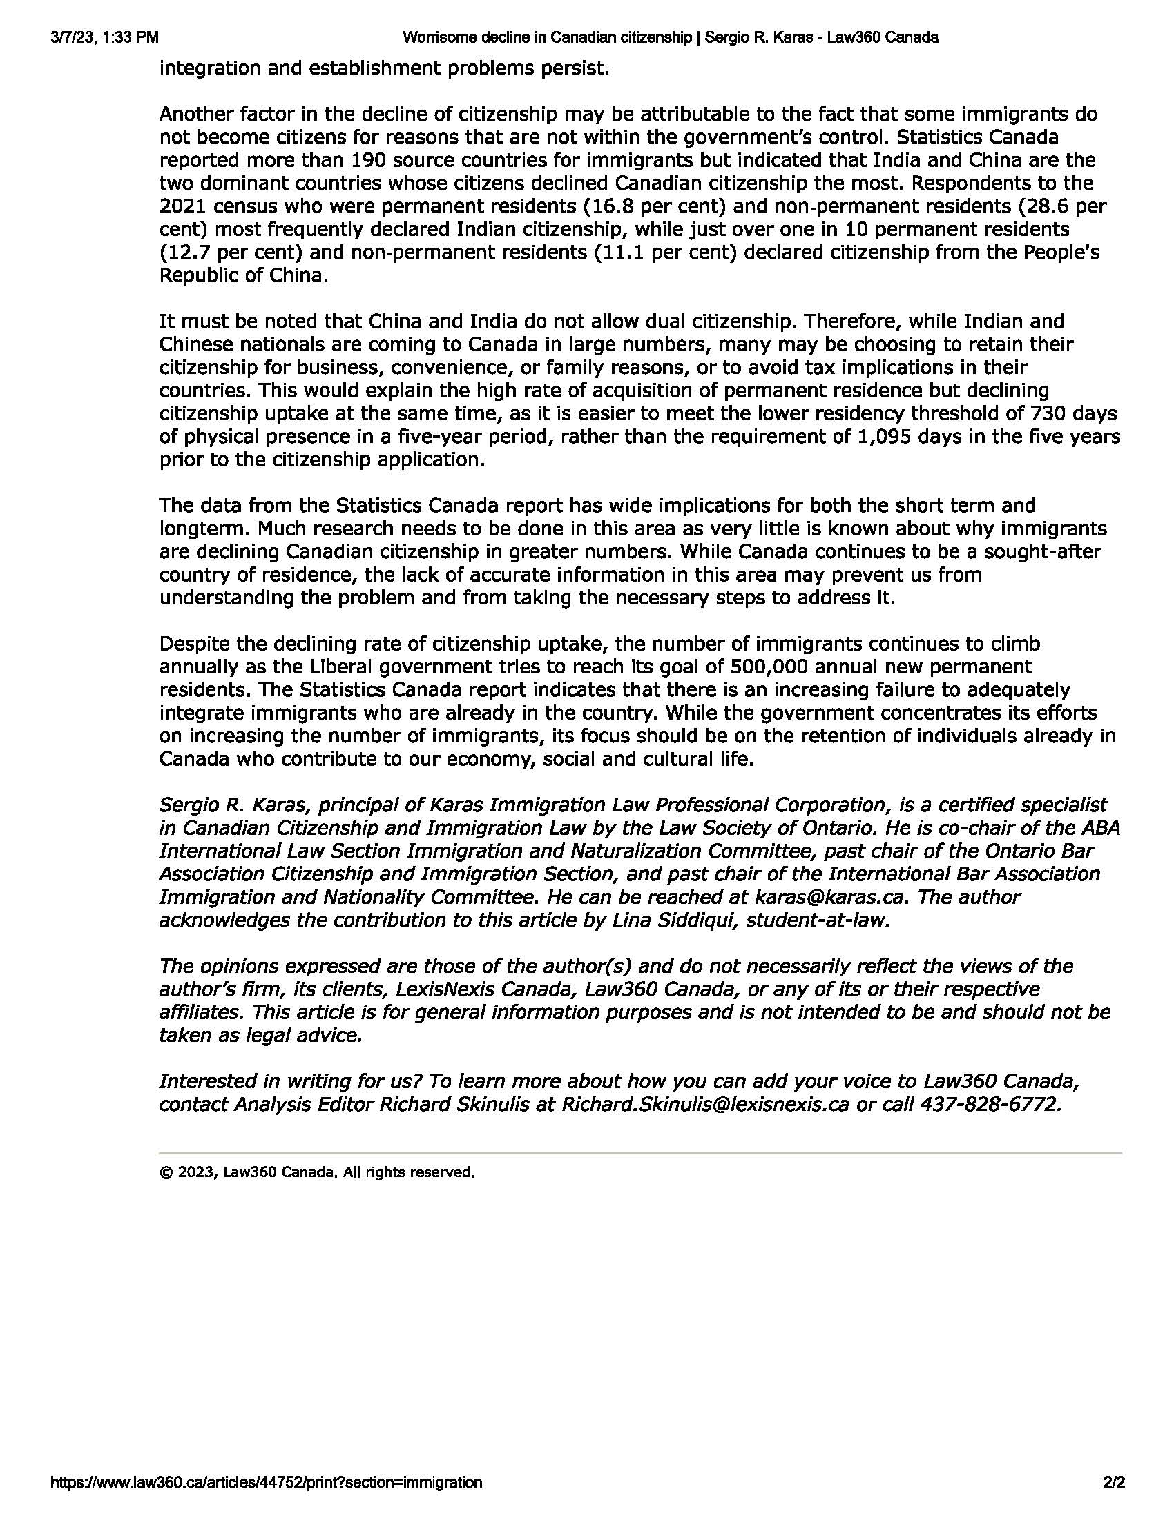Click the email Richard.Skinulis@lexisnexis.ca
coord(704,1104)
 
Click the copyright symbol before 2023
coord(166,1172)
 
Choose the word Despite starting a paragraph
coord(195,644)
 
